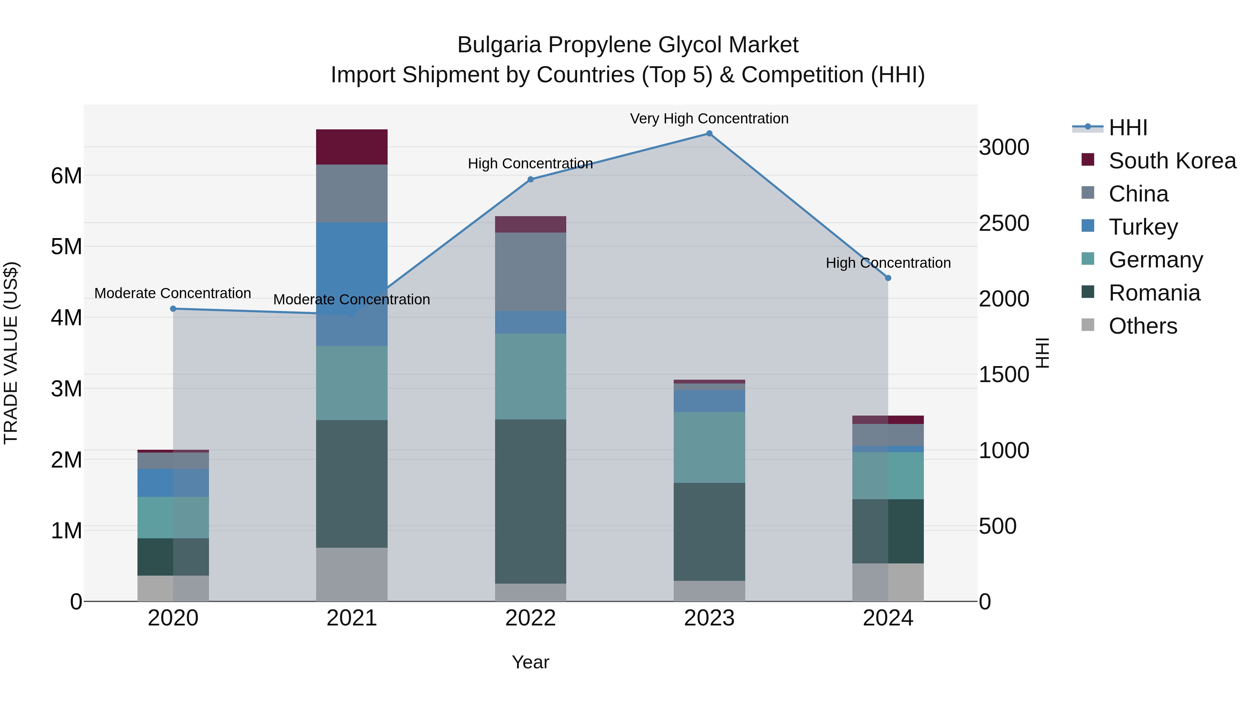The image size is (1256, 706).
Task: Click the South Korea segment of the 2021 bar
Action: coord(352,147)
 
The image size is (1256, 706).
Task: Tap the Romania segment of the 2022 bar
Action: coord(530,501)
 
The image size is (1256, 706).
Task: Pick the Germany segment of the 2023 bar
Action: coord(709,447)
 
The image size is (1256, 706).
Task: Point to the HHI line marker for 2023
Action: coord(709,134)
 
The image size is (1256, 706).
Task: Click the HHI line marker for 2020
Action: coord(173,309)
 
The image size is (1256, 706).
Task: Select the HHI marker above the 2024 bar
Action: coord(888,278)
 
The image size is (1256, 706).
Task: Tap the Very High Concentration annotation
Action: coord(709,119)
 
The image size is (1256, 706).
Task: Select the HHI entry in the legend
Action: coord(1127,128)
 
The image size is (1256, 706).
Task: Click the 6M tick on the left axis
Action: coord(66,176)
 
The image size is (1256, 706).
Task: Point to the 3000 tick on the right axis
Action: coord(1004,147)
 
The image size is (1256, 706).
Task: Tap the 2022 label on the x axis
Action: coord(530,618)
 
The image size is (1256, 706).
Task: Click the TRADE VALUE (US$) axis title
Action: coord(11,353)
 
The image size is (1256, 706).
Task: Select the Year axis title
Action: coord(530,662)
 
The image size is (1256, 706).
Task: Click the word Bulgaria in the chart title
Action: coord(499,45)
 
